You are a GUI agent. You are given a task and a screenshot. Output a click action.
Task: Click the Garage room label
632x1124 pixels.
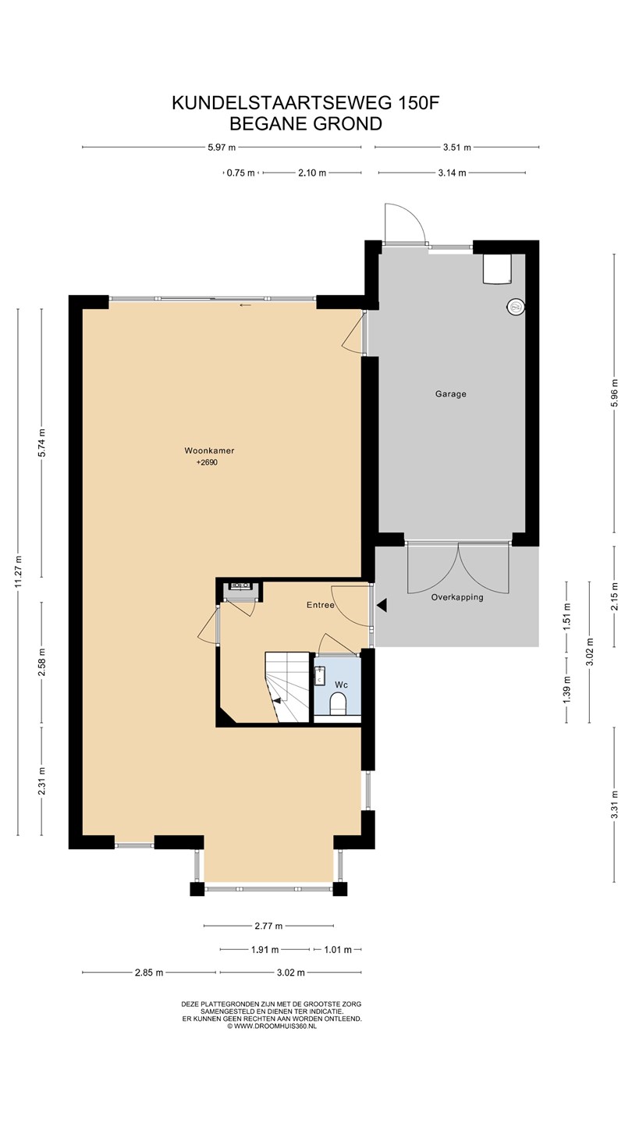(x=450, y=394)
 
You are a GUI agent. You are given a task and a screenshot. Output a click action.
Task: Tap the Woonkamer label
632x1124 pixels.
(x=209, y=450)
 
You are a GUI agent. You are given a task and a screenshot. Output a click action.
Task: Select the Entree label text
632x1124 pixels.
(x=321, y=605)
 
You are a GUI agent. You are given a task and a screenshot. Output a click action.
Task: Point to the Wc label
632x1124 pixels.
(x=342, y=685)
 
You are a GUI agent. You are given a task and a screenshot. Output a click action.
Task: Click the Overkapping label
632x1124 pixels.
(x=457, y=597)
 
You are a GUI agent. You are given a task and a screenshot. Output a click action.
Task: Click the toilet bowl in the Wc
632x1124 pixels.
(x=339, y=703)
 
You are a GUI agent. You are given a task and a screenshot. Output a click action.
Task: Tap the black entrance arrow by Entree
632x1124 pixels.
(x=382, y=605)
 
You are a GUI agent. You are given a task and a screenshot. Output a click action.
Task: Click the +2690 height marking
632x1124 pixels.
(x=207, y=463)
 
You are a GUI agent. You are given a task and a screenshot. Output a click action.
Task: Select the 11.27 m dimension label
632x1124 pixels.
(x=19, y=571)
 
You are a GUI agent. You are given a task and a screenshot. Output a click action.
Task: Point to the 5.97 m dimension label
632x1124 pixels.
(x=222, y=148)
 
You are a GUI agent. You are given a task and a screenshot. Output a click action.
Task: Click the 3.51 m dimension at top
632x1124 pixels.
(x=457, y=148)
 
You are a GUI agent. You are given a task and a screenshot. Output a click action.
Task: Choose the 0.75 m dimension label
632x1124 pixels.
(x=241, y=173)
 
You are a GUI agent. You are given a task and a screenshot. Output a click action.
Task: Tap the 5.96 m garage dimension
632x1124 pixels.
(x=615, y=394)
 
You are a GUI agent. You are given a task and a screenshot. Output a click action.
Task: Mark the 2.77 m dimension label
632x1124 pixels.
(x=268, y=926)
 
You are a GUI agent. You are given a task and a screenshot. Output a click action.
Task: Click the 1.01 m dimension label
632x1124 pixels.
(x=338, y=949)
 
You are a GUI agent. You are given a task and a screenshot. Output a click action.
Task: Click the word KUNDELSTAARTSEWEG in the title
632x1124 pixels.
(x=282, y=103)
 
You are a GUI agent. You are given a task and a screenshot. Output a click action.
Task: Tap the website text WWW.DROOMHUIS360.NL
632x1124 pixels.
(x=275, y=1026)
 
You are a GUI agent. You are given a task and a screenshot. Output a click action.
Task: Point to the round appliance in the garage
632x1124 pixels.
(x=517, y=306)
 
